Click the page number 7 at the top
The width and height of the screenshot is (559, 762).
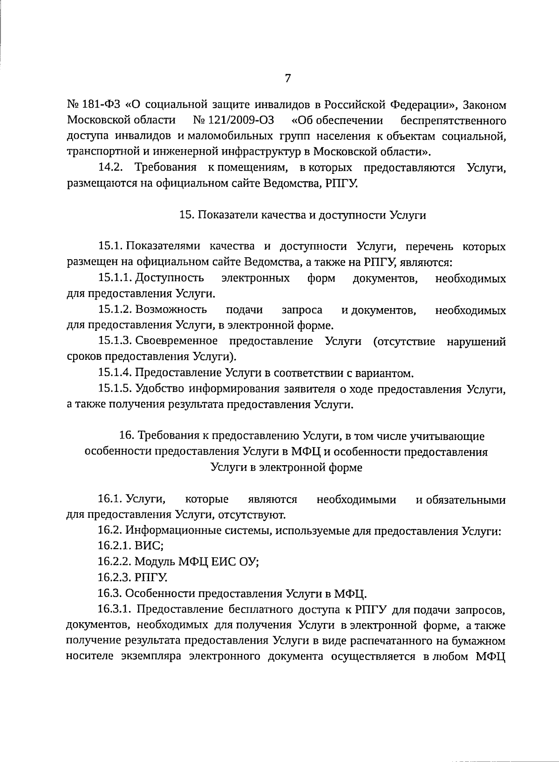click(288, 78)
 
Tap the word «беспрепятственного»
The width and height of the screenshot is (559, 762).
click(453, 121)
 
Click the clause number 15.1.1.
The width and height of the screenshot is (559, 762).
click(115, 278)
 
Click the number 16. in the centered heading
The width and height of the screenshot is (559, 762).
click(127, 436)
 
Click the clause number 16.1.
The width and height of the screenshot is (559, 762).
click(109, 500)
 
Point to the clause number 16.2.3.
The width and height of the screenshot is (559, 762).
click(115, 578)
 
